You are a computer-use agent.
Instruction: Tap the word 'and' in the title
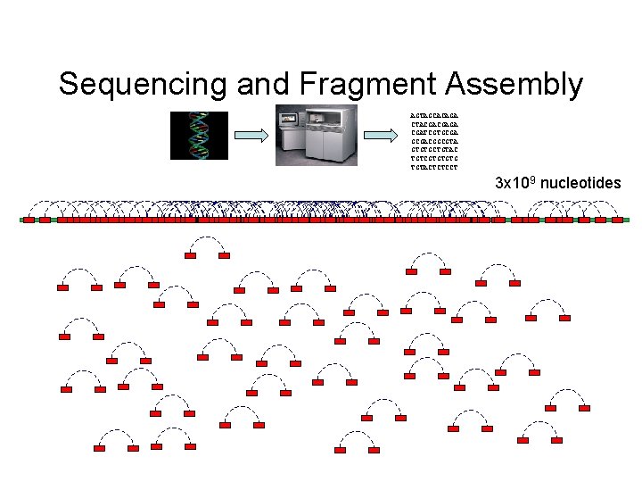pyautogui.click(x=264, y=84)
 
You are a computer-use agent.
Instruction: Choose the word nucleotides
pyautogui.click(x=580, y=184)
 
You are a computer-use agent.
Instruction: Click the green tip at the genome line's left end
pyautogui.click(x=21, y=220)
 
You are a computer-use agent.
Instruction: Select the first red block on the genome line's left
pyautogui.click(x=29, y=220)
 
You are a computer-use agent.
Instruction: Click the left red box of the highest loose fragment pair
pyautogui.click(x=190, y=255)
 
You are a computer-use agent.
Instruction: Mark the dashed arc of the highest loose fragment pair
pyautogui.click(x=207, y=237)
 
